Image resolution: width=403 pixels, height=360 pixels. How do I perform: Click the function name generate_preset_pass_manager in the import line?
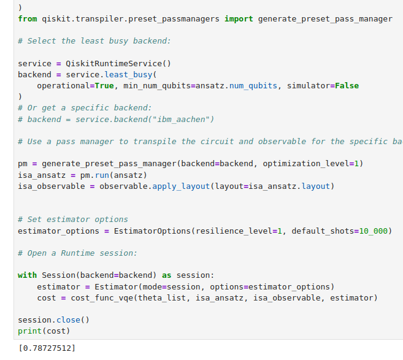tap(325, 19)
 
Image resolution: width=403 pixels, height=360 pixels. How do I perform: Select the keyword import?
tap(239, 19)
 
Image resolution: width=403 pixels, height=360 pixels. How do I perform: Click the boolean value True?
tap(104, 85)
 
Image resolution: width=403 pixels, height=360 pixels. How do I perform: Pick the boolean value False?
tap(347, 85)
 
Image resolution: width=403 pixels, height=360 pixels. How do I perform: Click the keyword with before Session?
tap(28, 275)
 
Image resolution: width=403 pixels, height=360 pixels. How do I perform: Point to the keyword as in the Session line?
tap(166, 275)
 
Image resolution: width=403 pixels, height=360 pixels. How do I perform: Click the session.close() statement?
tap(53, 320)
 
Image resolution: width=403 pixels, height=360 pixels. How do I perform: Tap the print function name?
tap(29, 331)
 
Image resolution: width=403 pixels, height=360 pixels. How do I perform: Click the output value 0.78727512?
tap(47, 348)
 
